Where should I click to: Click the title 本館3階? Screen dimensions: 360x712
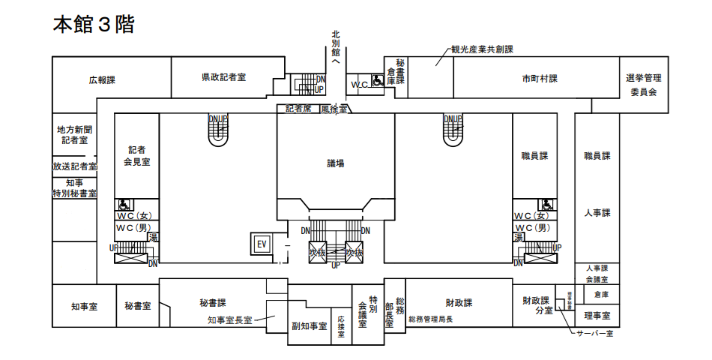click(93, 24)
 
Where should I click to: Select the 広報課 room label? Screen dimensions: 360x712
click(102, 79)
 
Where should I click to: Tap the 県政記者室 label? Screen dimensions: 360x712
click(223, 77)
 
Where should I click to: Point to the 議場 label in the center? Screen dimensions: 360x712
click(335, 163)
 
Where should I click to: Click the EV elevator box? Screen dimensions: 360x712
click(262, 244)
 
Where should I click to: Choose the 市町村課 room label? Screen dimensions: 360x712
click(540, 79)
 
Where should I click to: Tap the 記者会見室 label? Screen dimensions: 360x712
click(136, 155)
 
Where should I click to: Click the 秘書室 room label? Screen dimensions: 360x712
click(138, 306)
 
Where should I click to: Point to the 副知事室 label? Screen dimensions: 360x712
click(309, 326)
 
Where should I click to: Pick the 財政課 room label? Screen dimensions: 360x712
click(459, 303)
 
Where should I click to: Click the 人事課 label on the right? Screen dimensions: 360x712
click(597, 213)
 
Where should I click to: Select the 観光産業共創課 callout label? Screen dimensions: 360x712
click(481, 49)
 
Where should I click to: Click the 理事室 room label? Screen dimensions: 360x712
click(597, 316)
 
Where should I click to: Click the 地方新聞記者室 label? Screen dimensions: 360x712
click(74, 134)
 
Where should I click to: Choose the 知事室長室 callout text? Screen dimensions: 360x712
click(230, 320)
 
